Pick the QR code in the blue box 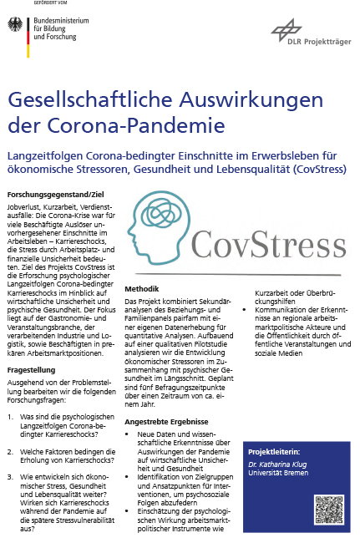pos(329,510)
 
